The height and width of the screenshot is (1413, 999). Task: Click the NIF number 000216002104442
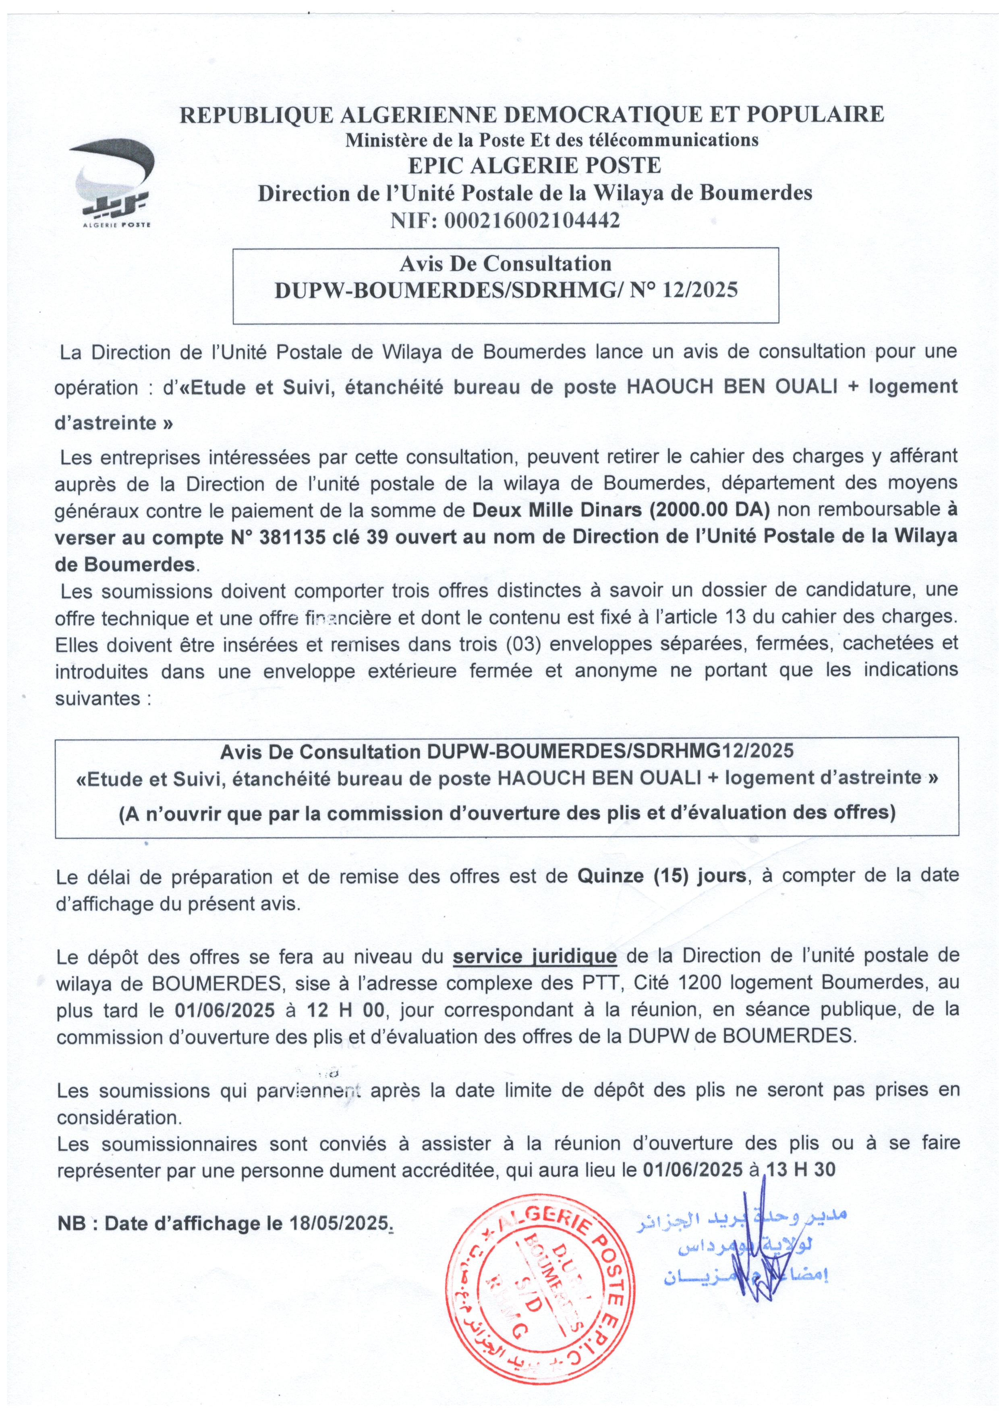532,220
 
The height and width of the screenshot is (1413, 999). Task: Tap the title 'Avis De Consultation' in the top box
506,263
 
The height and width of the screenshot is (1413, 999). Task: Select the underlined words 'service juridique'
534,956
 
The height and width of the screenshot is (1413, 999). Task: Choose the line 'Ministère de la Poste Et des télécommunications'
551,140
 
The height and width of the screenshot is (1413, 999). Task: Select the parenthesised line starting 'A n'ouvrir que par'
507,813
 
